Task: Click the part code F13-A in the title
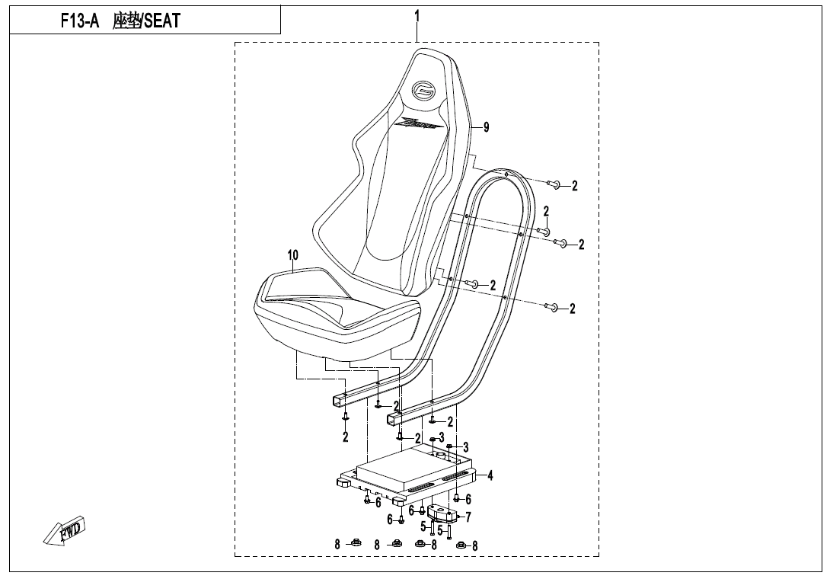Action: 80,21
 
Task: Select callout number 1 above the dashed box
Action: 417,15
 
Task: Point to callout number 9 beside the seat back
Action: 487,127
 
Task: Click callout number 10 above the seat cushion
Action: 293,254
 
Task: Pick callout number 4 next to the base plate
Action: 490,476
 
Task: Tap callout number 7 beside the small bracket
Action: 468,517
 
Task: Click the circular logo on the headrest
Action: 423,91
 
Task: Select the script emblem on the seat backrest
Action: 417,123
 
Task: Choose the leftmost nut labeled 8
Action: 355,543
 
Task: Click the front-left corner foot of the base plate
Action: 344,482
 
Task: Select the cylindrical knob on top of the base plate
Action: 439,454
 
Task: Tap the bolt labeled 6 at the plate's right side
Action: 457,498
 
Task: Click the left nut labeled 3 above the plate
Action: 433,440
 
